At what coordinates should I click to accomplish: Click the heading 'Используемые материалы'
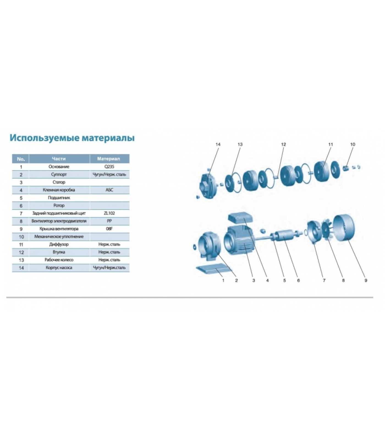point(72,138)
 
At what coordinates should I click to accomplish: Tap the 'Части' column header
point(59,159)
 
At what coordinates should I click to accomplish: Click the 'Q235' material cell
point(109,167)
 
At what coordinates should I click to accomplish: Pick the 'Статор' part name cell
point(59,182)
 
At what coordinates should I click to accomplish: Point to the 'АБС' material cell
point(109,190)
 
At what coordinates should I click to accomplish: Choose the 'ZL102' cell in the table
point(109,213)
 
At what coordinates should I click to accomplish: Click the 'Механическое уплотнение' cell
point(59,237)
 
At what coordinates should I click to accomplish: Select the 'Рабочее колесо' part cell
point(59,260)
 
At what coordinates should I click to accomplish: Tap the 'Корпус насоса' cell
point(59,268)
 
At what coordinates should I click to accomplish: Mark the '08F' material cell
point(109,229)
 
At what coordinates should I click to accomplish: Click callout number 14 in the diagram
point(218,144)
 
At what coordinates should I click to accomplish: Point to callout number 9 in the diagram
point(366,280)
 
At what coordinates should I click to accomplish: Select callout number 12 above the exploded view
point(284,144)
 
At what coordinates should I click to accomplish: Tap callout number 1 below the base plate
point(223,280)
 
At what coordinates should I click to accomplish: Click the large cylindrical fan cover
point(344,229)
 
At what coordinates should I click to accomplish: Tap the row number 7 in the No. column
point(21,213)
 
